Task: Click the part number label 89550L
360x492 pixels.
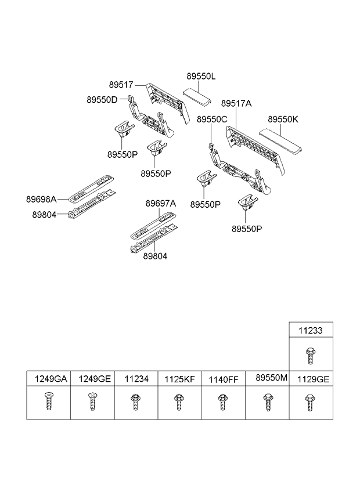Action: click(201, 77)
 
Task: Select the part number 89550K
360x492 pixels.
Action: click(283, 119)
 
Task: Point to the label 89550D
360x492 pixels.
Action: click(102, 100)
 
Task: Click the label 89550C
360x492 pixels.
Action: click(211, 119)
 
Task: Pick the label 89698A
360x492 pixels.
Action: click(41, 199)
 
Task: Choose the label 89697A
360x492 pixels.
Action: click(160, 204)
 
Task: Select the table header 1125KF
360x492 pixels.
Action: click(179, 379)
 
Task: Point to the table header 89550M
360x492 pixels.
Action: click(271, 377)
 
